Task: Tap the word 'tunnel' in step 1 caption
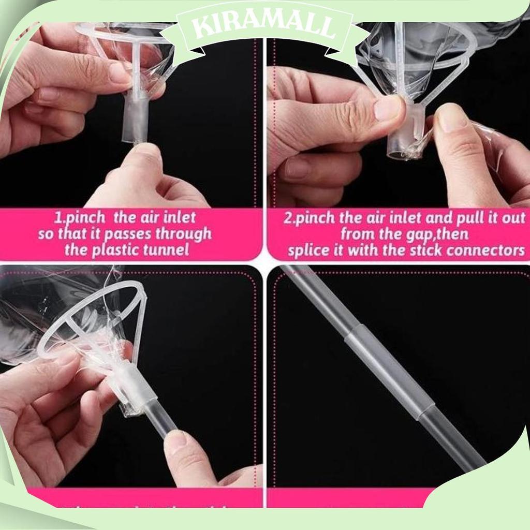point(167,251)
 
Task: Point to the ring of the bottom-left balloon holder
point(93,316)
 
